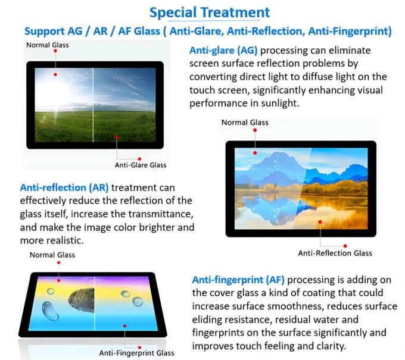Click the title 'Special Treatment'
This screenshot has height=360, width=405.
pos(209,12)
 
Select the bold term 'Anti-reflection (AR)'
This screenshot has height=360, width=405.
pos(64,187)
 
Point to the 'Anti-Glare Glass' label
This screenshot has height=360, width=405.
pos(141,165)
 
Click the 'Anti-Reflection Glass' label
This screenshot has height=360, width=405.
pos(335,253)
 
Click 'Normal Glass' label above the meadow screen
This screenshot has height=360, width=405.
pos(47,45)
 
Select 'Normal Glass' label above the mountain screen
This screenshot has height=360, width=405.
pos(245,123)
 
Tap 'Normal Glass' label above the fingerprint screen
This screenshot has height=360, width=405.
pos(52,255)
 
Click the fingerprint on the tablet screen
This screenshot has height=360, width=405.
pos(81,299)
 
